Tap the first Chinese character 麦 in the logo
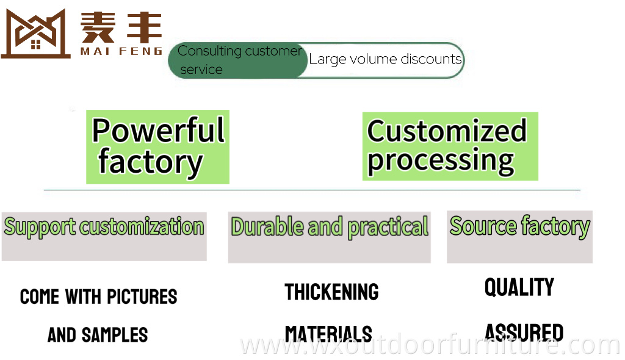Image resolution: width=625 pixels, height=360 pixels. [98, 27]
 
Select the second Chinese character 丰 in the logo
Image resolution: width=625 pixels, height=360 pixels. [144, 27]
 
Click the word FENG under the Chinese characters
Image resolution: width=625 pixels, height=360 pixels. [141, 51]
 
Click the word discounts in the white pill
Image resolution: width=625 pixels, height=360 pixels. [431, 59]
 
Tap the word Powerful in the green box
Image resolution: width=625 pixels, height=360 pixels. [158, 131]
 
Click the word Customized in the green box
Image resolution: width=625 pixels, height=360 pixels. [447, 131]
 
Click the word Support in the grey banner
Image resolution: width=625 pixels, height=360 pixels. [40, 227]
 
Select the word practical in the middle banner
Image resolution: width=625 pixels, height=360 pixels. [388, 228]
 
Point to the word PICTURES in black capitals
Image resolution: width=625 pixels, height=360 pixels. [142, 297]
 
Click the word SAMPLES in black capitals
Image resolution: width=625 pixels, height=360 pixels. [115, 335]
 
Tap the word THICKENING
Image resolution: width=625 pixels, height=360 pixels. [331, 292]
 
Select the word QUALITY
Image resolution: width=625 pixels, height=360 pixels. [519, 287]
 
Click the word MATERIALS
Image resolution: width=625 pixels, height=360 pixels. [328, 334]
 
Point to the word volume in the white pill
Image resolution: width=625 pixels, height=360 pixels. [374, 59]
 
